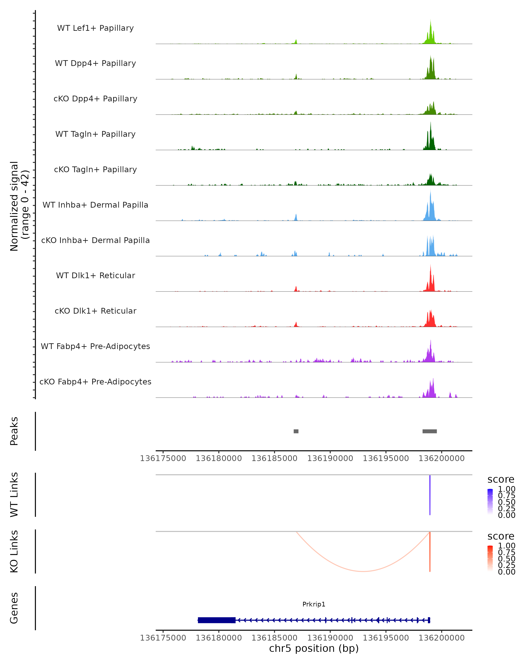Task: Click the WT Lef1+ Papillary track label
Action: coord(95,28)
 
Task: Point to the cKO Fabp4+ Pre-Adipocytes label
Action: coord(95,382)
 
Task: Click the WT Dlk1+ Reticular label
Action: coord(95,276)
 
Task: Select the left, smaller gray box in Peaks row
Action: coord(296,431)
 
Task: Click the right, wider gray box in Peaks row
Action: coord(429,431)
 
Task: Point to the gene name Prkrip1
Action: coord(314,604)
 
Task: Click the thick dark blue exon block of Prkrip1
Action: coord(216,620)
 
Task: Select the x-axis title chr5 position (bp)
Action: coord(314,648)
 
